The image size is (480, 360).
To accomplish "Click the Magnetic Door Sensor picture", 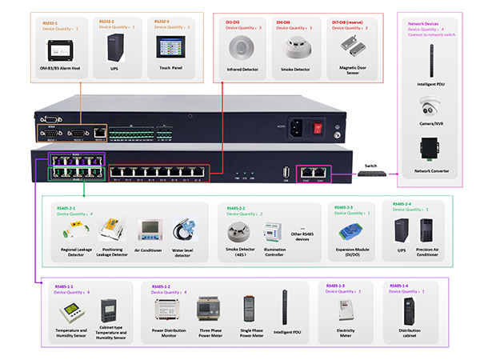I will point(350,50).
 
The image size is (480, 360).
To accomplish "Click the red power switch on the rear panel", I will point(317,126).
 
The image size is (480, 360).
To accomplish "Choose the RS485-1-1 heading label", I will point(64,286).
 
